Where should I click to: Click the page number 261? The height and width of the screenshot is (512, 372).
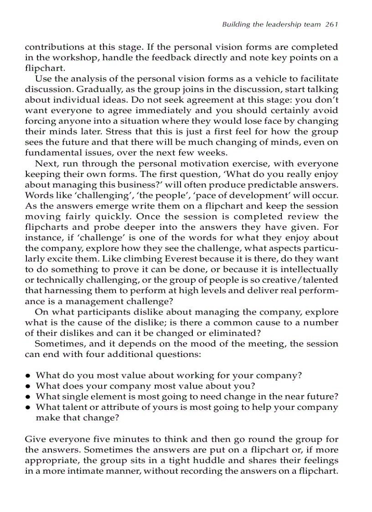331,25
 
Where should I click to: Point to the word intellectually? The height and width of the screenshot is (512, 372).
311,269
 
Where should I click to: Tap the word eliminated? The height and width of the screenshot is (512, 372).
233,333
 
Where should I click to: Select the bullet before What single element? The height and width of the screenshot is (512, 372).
28,397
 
